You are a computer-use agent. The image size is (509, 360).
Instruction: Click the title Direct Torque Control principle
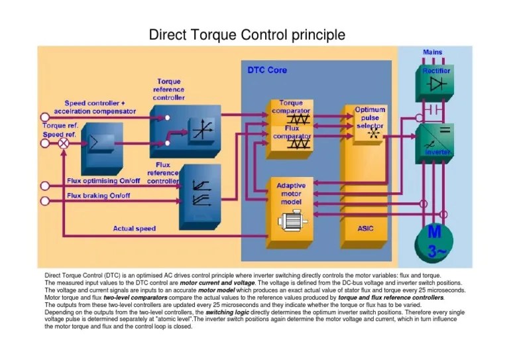(247, 34)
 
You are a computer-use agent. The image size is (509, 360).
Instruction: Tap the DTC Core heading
(267, 70)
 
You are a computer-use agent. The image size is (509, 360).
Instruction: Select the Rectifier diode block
(434, 83)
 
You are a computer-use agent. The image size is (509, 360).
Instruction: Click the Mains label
(433, 52)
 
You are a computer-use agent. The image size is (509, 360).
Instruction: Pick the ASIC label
(366, 227)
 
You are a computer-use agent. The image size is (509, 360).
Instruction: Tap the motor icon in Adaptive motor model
(292, 220)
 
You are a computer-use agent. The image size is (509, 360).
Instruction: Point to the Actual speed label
(134, 229)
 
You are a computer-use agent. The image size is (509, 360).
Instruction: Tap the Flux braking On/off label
(98, 196)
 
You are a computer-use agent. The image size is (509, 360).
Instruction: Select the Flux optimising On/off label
(105, 180)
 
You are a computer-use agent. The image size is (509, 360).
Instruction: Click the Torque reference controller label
(169, 90)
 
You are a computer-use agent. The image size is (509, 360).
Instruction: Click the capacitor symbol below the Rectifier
(434, 107)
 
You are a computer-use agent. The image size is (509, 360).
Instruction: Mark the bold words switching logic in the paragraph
(227, 312)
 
